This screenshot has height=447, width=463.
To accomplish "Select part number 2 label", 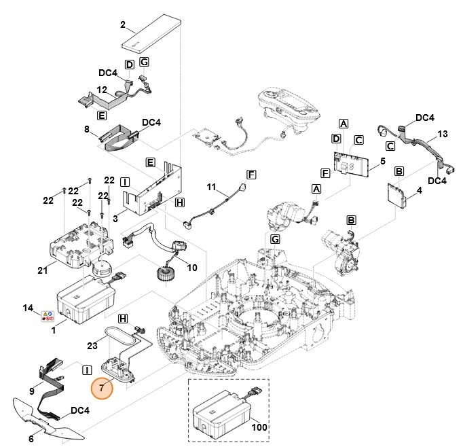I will point(123,25).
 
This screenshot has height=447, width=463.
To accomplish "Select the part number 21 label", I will point(42,271).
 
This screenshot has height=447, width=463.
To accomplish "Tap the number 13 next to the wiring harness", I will point(443,133).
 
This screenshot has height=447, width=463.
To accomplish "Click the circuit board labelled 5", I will point(355,163).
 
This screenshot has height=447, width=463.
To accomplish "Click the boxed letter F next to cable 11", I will point(251,175).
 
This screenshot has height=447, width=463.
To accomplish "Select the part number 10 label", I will point(192,268).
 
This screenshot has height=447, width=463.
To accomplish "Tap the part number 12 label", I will point(102,90).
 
